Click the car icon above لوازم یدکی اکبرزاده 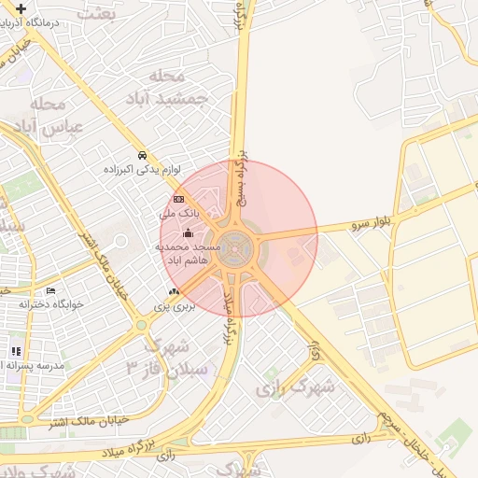point(141,155)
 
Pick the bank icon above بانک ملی point(178,199)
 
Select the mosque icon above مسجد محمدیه point(189,232)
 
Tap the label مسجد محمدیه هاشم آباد point(189,252)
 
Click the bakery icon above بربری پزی point(174,292)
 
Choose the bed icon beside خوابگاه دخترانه point(50,290)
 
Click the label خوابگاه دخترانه point(52,304)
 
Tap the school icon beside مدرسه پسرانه point(16,351)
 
